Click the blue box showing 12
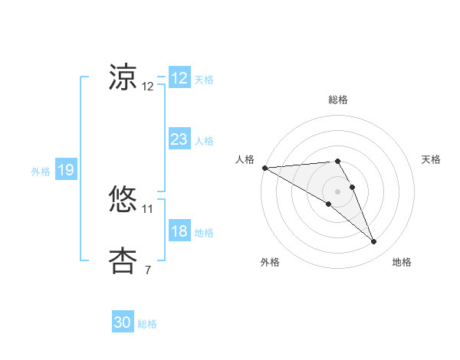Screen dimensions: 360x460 [x=179, y=78]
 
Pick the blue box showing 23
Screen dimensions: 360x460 [x=179, y=139]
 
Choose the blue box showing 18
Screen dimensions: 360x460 [x=179, y=231]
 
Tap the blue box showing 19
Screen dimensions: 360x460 [x=66, y=170]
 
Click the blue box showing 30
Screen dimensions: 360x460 [x=123, y=322]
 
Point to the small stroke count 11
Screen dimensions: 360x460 [x=148, y=208]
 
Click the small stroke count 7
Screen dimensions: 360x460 [x=148, y=270]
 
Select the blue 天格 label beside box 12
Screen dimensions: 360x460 [x=204, y=80]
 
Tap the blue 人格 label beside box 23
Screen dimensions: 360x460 [x=204, y=141]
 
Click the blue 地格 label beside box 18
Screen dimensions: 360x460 [x=204, y=233]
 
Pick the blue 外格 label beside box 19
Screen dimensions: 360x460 [x=41, y=172]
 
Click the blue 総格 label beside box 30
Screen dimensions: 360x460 [x=147, y=324]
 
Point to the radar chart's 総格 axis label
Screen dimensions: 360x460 [x=338, y=100]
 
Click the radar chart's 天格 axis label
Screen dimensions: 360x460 [x=432, y=159]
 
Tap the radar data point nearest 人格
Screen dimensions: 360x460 [x=264, y=167]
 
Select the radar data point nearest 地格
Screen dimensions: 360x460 [x=374, y=242]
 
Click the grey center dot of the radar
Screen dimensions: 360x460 [x=338, y=191]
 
